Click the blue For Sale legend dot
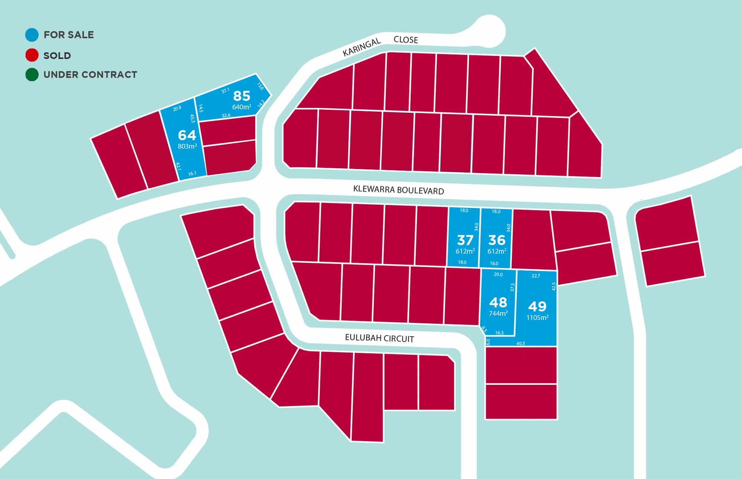pos(32,35)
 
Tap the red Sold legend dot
pos(32,56)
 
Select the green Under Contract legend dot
pos(32,75)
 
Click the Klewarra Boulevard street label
pos(398,190)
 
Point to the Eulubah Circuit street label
pos(379,338)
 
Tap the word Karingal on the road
pos(361,47)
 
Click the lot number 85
pos(242,96)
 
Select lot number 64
pos(187,135)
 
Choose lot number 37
pos(465,240)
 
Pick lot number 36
pos(497,240)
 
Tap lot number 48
pos(498,303)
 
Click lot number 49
pos(537,306)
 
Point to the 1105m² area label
pos(537,318)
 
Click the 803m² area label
pos(187,146)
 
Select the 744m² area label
pos(498,314)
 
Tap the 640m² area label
pos(242,107)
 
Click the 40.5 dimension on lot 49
pos(521,343)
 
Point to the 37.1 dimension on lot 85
pos(225,90)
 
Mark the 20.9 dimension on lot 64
pos(177,108)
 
